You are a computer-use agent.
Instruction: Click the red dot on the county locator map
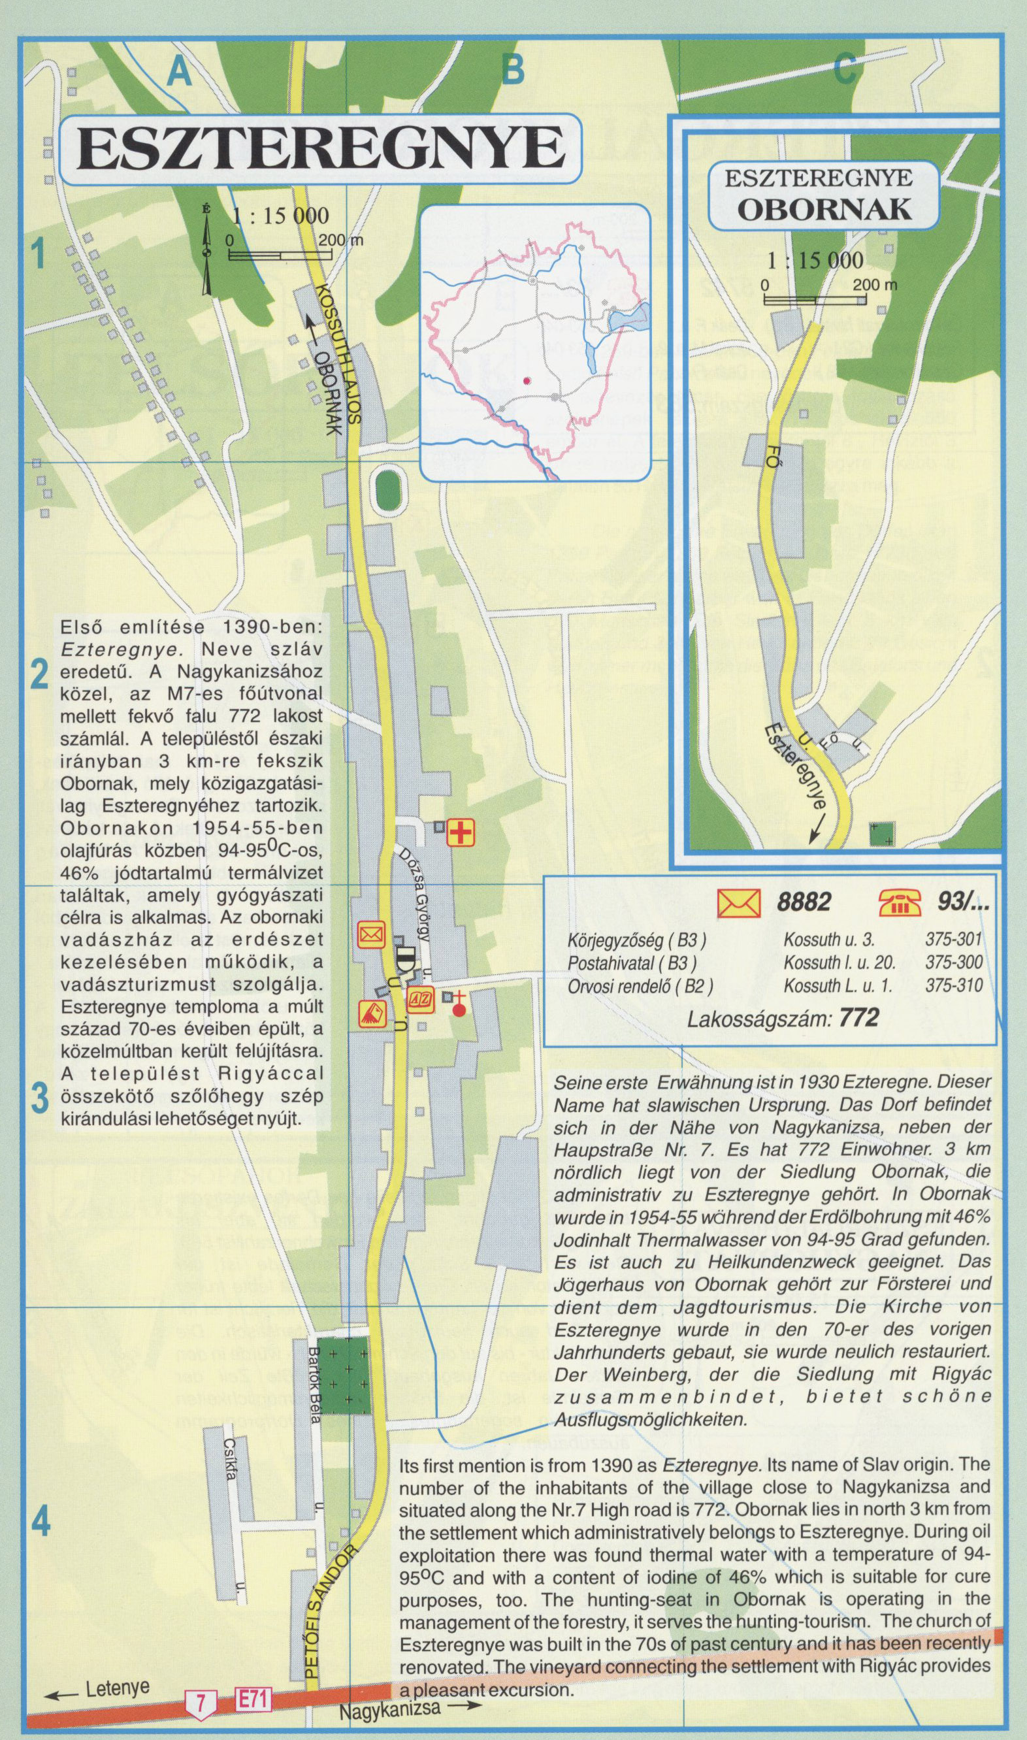(x=527, y=380)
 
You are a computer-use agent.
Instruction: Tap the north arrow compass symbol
(x=206, y=250)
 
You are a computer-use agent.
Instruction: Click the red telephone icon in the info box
(x=900, y=902)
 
